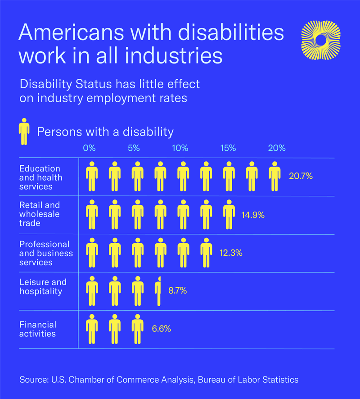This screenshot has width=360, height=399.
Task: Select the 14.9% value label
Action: click(253, 215)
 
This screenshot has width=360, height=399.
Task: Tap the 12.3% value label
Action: click(231, 253)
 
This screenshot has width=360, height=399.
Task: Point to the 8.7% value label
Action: click(177, 291)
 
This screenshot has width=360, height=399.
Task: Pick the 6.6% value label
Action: click(161, 329)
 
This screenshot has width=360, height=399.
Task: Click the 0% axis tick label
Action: click(90, 148)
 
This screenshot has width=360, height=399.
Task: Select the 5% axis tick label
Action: click(134, 148)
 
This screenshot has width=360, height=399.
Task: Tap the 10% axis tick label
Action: click(180, 148)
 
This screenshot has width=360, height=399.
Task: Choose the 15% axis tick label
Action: click(228, 148)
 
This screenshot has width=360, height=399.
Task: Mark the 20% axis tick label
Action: click(277, 148)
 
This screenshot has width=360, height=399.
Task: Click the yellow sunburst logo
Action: click(320, 40)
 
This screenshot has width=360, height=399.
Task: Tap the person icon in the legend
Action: click(24, 132)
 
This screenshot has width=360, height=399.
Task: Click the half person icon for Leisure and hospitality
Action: click(158, 291)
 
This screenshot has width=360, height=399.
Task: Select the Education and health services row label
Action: click(40, 177)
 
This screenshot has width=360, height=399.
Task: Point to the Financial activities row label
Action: click(38, 329)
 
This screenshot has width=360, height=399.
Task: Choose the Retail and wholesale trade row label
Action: click(40, 214)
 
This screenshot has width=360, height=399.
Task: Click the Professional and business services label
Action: click(45, 253)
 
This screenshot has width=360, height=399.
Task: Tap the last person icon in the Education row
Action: click(274, 176)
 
